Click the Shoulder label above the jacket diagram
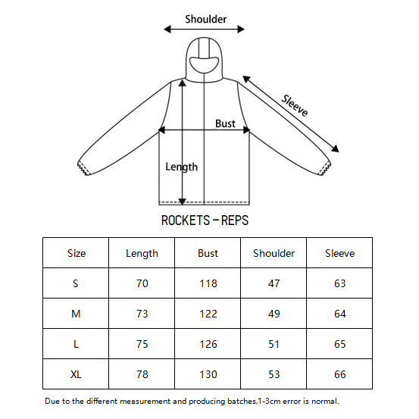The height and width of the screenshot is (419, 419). click(x=206, y=19)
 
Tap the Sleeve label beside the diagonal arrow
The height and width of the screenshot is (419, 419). click(x=295, y=105)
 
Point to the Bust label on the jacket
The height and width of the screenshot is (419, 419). click(x=225, y=124)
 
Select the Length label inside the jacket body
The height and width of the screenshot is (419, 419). click(x=181, y=167)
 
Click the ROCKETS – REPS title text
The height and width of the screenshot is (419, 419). click(x=205, y=220)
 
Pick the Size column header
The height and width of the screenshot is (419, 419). click(x=77, y=253)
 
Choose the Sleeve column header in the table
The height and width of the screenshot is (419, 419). click(x=339, y=253)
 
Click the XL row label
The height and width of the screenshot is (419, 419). click(x=76, y=374)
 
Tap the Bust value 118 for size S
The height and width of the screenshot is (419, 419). click(x=208, y=283)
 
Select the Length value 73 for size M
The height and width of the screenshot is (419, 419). click(x=142, y=314)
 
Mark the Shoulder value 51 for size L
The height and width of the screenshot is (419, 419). click(x=274, y=344)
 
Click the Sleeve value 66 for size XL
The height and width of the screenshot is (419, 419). click(x=340, y=374)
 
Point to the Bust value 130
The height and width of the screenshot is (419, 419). click(x=208, y=374)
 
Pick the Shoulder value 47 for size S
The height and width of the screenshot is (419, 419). click(x=274, y=283)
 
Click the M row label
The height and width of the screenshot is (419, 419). click(x=76, y=314)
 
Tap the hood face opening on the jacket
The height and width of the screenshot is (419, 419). click(x=204, y=65)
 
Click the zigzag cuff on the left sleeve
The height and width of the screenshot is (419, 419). click(x=83, y=168)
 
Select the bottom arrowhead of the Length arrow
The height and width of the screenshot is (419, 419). click(x=183, y=202)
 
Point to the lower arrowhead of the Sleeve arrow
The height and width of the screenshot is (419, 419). click(x=335, y=149)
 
